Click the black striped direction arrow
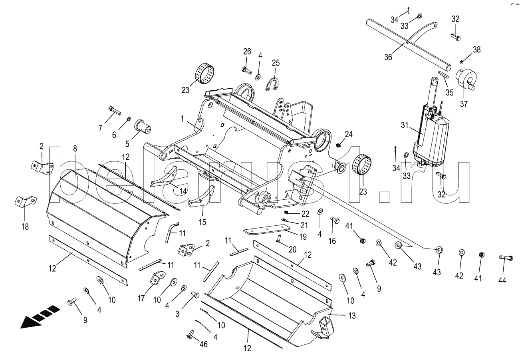[40, 316]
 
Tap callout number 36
[388, 57]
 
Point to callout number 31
[405, 125]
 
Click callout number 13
[352, 316]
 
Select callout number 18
[25, 227]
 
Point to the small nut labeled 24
[338, 145]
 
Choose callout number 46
[204, 344]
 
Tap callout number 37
[464, 104]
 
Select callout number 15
[202, 222]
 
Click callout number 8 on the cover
[75, 149]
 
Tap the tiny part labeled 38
[462, 62]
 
